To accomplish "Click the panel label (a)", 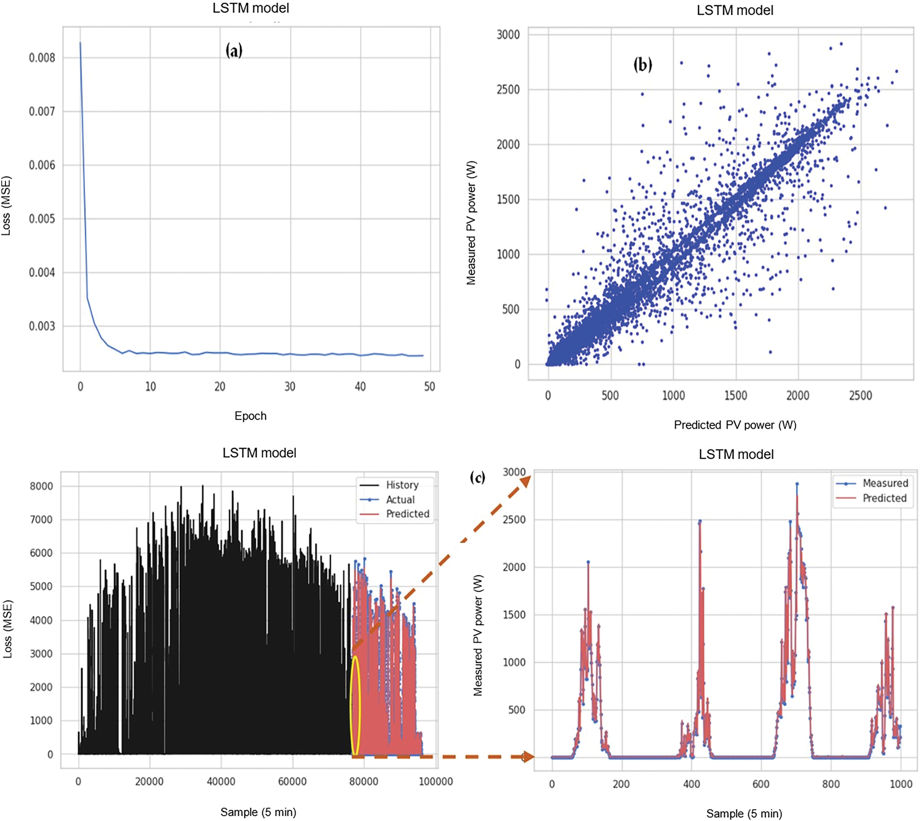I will [234, 50].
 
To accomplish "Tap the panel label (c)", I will [478, 477].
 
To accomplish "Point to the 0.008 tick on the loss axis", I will [42, 58].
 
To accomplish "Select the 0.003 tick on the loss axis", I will [42, 326].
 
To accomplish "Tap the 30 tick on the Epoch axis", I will [290, 387].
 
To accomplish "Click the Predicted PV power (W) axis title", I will [735, 425].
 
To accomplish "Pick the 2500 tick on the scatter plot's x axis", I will [860, 396].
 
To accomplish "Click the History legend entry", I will [402, 485].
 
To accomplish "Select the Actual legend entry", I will [400, 500].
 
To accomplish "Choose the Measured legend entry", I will [885, 483].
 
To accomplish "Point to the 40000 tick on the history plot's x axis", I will [221, 782].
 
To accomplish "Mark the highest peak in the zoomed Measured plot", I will [797, 484].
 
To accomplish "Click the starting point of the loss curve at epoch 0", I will [80, 43].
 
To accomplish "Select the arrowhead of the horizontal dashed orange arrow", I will [527, 757].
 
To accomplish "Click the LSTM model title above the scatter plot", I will [735, 10].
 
